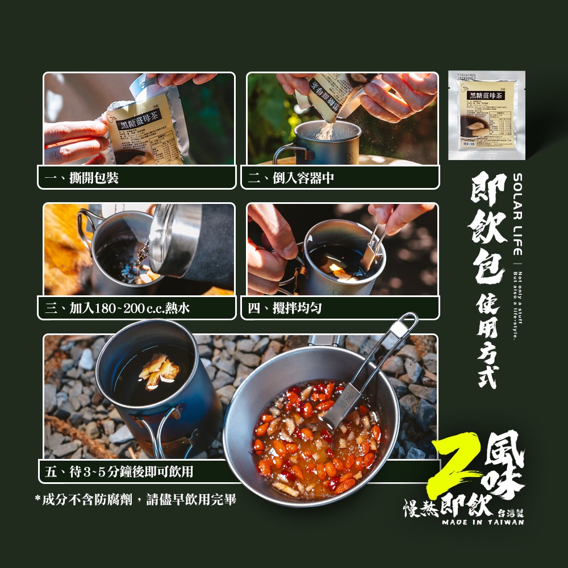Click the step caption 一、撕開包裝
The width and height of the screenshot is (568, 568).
click(82, 178)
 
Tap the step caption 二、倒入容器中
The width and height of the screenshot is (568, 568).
click(291, 178)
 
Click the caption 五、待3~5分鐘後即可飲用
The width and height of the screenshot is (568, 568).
click(119, 471)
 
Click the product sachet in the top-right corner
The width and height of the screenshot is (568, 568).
click(486, 115)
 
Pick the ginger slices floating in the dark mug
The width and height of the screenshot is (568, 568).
click(159, 371)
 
